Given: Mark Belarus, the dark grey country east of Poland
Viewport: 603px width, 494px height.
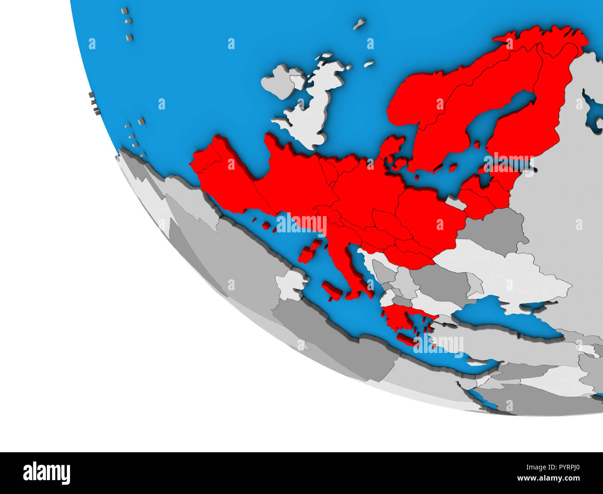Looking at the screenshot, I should [494, 227].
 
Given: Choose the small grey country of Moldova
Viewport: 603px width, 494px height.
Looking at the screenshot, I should [474, 284].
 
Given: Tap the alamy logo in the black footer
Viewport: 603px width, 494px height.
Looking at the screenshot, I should [46, 473].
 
